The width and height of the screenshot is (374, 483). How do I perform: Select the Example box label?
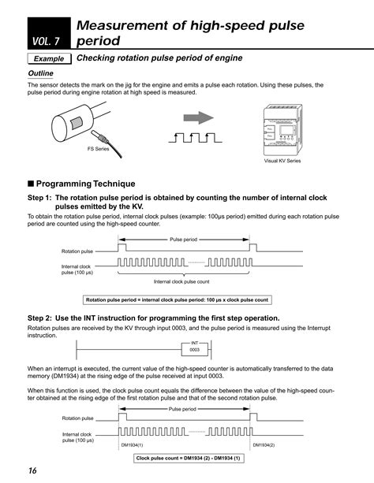coord(49,60)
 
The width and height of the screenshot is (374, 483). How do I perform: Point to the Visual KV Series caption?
coord(282,160)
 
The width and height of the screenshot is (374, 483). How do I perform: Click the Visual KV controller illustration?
coord(282,128)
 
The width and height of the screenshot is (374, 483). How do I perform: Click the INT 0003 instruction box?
coord(194,347)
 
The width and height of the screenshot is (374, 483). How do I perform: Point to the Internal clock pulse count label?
coord(181,281)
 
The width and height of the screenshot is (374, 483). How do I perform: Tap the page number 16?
coord(31,471)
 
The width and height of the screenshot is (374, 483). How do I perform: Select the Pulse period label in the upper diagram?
coord(182,239)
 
